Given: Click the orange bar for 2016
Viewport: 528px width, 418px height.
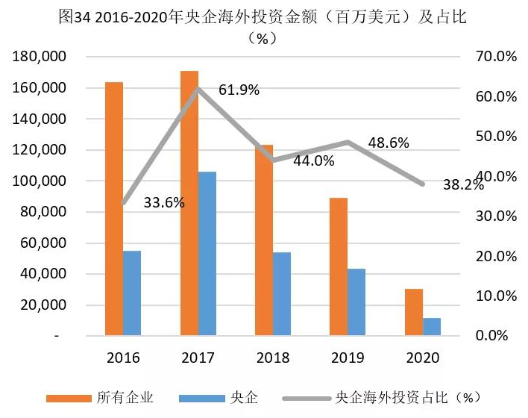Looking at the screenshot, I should pyautogui.click(x=114, y=209).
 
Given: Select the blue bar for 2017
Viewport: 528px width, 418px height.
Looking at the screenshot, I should pyautogui.click(x=207, y=254).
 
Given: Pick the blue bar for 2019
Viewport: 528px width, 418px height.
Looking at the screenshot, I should pyautogui.click(x=357, y=302).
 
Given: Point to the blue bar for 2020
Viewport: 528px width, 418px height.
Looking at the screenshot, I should pyautogui.click(x=433, y=327).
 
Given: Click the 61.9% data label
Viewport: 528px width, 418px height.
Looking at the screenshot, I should pyautogui.click(x=239, y=90).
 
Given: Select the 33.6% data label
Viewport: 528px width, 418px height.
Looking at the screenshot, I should pyautogui.click(x=163, y=202).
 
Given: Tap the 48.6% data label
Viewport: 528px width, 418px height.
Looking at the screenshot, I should pyautogui.click(x=389, y=143).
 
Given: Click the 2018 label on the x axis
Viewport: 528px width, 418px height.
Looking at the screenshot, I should pyautogui.click(x=273, y=358).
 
